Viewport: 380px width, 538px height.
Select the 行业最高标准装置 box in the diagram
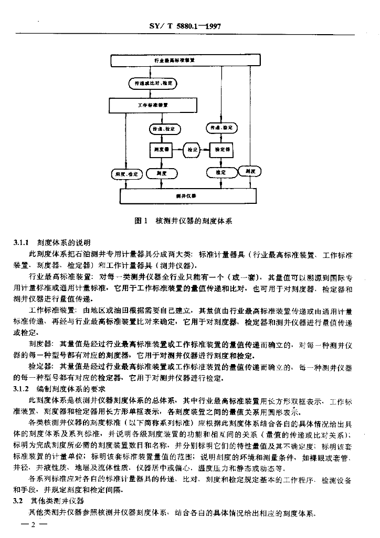(x=175, y=60)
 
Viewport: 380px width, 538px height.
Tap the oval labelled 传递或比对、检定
(x=154, y=83)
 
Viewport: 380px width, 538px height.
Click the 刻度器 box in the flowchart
(x=161, y=150)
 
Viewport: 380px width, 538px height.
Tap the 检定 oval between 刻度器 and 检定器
(x=192, y=150)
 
